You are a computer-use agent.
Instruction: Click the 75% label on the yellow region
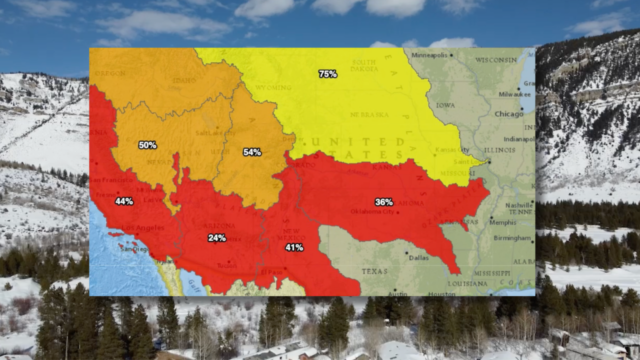pyautogui.click(x=327, y=74)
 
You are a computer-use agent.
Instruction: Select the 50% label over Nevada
pyautogui.click(x=147, y=145)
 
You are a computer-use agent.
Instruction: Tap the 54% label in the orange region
pyautogui.click(x=252, y=152)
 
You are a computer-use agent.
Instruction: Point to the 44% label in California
pyautogui.click(x=124, y=201)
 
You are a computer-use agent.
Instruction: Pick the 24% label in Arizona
pyautogui.click(x=217, y=238)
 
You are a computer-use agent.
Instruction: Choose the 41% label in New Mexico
pyautogui.click(x=294, y=247)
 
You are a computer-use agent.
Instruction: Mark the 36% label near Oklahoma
pyautogui.click(x=384, y=202)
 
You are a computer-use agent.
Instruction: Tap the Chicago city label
pyautogui.click(x=509, y=114)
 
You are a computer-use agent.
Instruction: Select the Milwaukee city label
pyautogui.click(x=514, y=94)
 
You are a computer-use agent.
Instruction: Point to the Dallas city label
pyautogui.click(x=418, y=257)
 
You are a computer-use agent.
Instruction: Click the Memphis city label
pyautogui.click(x=502, y=222)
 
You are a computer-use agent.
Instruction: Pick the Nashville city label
pyautogui.click(x=518, y=205)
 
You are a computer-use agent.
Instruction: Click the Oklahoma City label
pyautogui.click(x=372, y=211)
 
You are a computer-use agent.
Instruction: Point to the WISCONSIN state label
pyautogui.click(x=496, y=60)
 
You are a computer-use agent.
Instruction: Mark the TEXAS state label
pyautogui.click(x=374, y=271)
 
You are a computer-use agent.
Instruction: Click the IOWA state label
pyautogui.click(x=445, y=105)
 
